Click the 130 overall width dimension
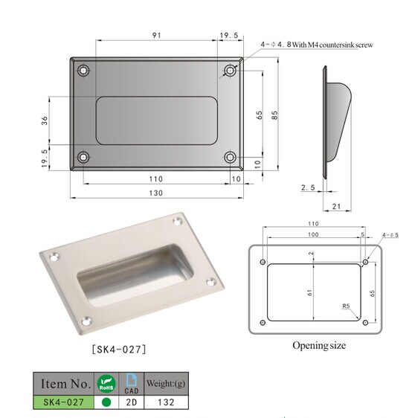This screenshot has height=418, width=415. (x=155, y=193)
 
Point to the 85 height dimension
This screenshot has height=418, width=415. (x=275, y=115)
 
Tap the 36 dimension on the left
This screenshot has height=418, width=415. (x=45, y=120)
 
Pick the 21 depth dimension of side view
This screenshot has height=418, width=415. (x=336, y=206)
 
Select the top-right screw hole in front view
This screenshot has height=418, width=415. (x=231, y=71)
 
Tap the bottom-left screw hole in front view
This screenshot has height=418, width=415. (x=83, y=157)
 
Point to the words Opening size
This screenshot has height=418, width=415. (x=319, y=345)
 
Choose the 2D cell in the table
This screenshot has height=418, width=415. (x=131, y=402)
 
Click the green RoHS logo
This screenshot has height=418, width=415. (x=105, y=383)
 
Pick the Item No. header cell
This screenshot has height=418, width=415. (x=65, y=384)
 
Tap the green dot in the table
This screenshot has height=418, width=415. (x=105, y=402)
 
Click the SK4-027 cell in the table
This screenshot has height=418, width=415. (x=64, y=402)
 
